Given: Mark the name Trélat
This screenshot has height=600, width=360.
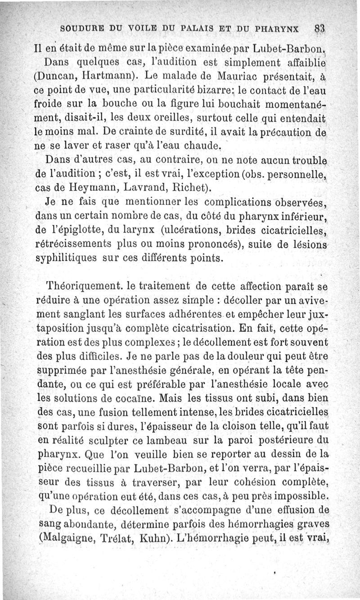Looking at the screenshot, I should pos(117,538).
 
